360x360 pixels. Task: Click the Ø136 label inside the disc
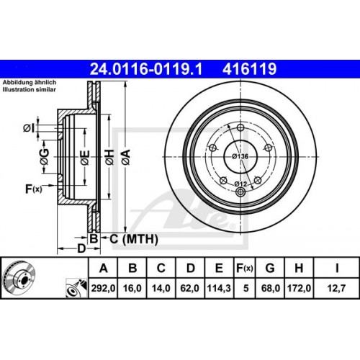click(239, 157)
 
